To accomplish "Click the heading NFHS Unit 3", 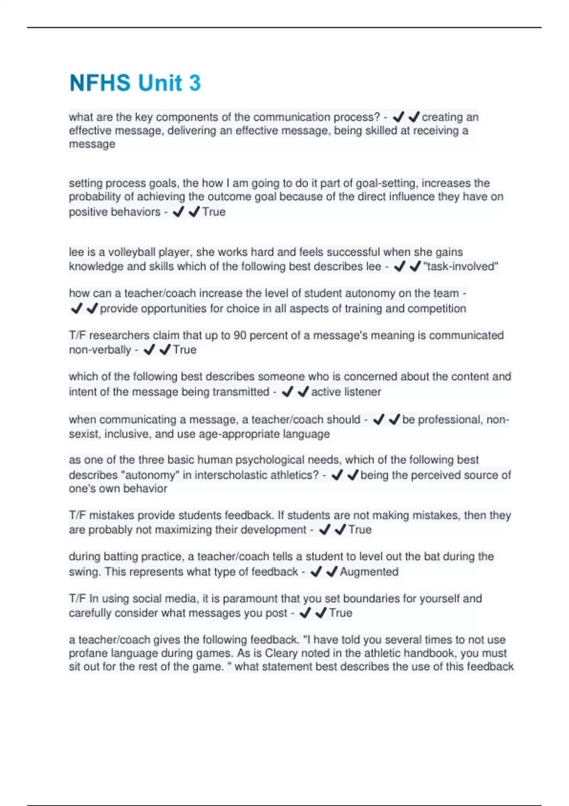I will (x=135, y=83).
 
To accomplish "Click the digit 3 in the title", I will (x=195, y=83).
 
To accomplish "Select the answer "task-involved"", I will (x=460, y=266).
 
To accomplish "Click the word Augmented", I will (x=369, y=572).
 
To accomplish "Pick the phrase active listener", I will (x=346, y=392).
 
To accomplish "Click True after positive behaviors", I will (x=214, y=212).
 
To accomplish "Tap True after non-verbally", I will (x=184, y=350).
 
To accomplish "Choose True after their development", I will (x=360, y=530).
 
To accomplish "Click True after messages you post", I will (x=340, y=613).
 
